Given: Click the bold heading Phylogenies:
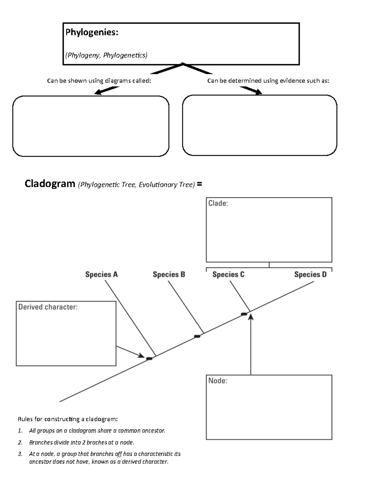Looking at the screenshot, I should click(x=92, y=32).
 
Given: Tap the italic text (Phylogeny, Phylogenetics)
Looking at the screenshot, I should click(x=106, y=55).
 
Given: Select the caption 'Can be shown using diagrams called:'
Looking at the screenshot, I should click(x=99, y=81).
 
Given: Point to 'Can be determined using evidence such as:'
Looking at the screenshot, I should click(x=268, y=81).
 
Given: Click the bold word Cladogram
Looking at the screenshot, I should click(x=50, y=184).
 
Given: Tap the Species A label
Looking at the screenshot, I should click(x=102, y=275).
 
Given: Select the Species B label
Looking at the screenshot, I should click(x=169, y=275).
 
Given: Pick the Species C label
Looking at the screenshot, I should click(x=228, y=275).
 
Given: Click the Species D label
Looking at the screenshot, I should click(x=310, y=275).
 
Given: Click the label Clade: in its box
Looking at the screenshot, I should click(x=218, y=203).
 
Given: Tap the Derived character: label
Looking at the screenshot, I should click(x=48, y=307).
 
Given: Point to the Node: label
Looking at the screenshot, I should click(x=218, y=381).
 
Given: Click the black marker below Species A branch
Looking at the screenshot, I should click(x=149, y=359).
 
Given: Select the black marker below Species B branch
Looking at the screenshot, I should click(x=197, y=337).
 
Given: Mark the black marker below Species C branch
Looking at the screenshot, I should click(x=244, y=314).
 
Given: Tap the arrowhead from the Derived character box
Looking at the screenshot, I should click(x=141, y=356).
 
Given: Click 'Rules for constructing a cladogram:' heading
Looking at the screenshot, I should click(x=68, y=419).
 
